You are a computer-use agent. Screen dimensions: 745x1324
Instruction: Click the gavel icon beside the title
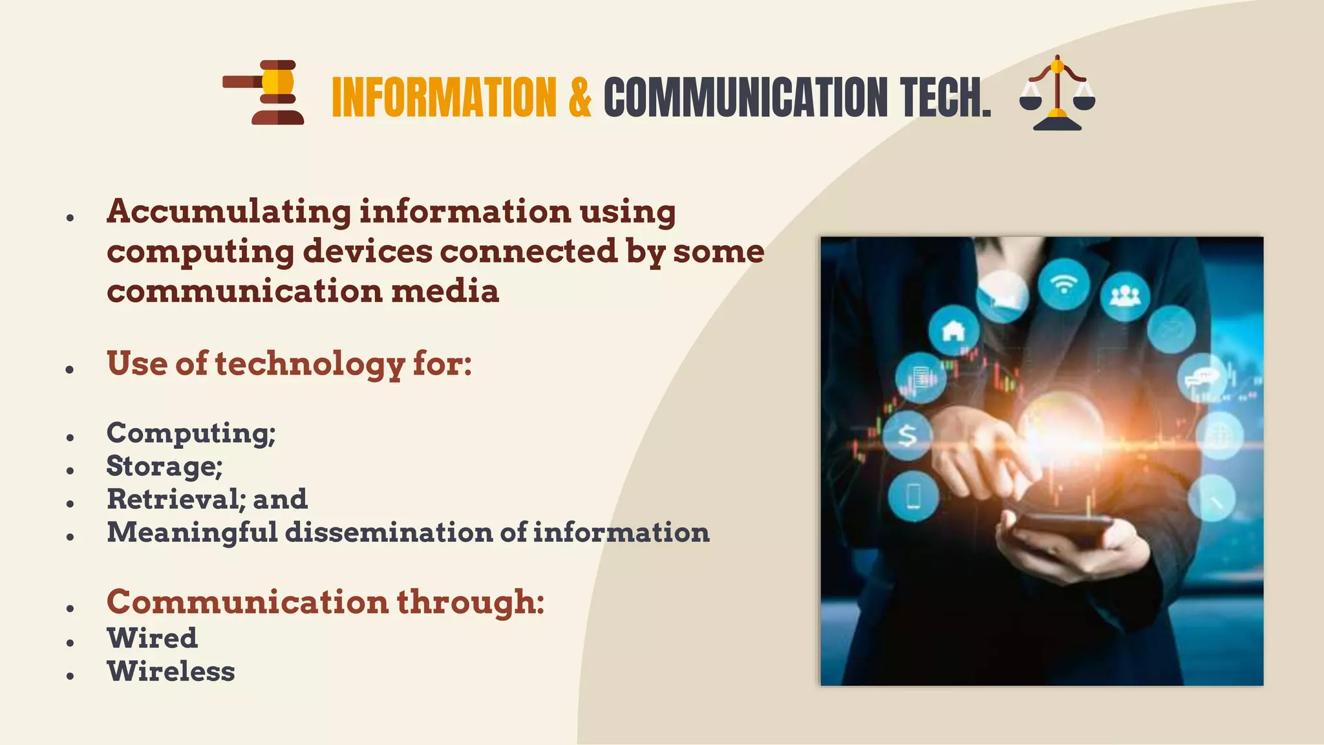[264, 92]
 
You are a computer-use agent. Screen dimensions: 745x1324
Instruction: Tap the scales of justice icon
[1057, 93]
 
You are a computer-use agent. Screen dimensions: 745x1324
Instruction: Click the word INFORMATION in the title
[443, 97]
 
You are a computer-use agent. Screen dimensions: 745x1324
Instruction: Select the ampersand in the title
[580, 97]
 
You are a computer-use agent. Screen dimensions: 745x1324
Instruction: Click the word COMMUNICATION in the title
[745, 97]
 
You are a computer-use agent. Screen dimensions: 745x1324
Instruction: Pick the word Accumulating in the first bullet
[229, 212]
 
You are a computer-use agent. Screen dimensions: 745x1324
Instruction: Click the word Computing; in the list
[191, 433]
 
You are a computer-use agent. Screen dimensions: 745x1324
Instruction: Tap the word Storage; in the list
[164, 466]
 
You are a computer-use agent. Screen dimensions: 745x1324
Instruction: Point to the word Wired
[152, 638]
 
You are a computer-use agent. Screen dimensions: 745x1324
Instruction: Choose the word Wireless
[171, 671]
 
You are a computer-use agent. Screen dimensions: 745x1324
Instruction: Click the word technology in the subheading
[310, 363]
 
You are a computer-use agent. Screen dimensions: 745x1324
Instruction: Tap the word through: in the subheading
[470, 602]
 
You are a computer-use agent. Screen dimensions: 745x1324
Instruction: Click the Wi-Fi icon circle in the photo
[1063, 284]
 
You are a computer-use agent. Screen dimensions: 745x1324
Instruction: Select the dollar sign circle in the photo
[908, 435]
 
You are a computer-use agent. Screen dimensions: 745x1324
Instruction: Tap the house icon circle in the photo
[954, 331]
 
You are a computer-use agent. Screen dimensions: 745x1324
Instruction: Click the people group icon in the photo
[1125, 296]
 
